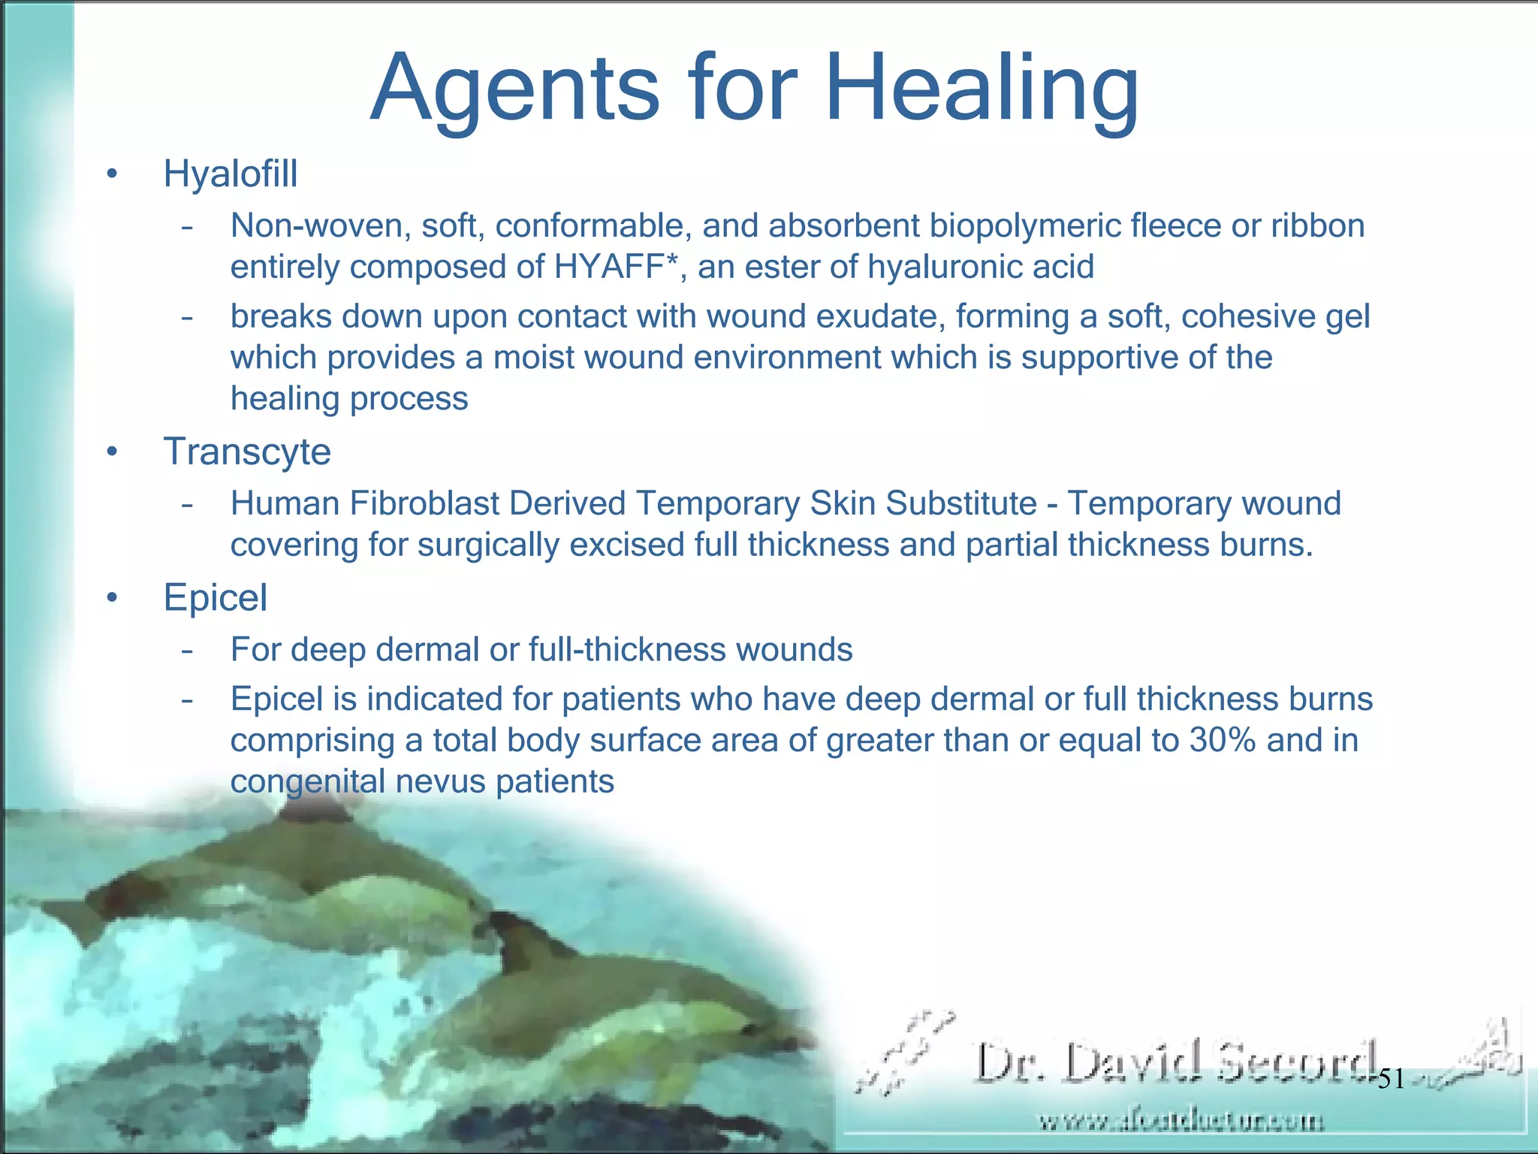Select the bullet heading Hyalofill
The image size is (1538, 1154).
[231, 174]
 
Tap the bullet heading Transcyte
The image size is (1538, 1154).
[247, 452]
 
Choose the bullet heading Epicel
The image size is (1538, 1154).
[215, 598]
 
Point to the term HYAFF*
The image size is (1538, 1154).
[616, 267]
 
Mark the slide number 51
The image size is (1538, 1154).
[1391, 1080]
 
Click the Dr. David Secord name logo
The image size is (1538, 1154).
[1175, 1062]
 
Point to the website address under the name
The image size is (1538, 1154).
[1181, 1122]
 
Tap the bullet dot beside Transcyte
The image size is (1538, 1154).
[112, 452]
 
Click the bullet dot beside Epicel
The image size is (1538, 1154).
[112, 599]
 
